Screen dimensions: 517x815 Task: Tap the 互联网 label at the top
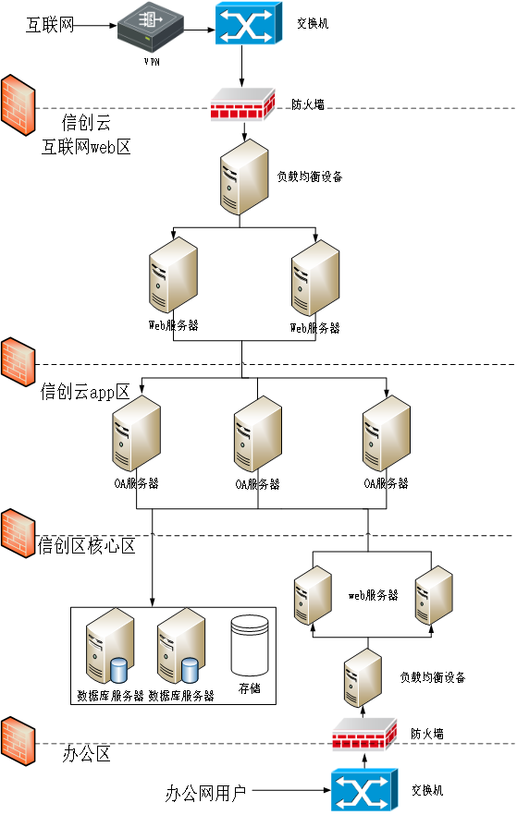tap(50, 24)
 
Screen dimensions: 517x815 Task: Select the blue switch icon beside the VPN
tap(249, 23)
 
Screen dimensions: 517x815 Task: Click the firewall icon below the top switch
tap(243, 104)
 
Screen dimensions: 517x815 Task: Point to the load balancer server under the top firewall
tap(244, 176)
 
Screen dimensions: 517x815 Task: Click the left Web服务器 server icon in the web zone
tap(173, 275)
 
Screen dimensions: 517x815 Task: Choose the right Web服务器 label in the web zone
tap(314, 328)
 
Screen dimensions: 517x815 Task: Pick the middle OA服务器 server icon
tap(258, 434)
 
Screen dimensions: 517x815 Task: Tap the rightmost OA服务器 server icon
tap(387, 433)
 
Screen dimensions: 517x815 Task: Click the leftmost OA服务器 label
tap(136, 483)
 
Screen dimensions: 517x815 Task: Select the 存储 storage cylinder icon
tap(250, 645)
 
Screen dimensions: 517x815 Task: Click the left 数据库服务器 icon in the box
tap(109, 646)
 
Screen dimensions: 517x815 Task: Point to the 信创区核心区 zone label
tap(86, 546)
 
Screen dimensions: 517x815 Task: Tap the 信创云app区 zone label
tap(85, 392)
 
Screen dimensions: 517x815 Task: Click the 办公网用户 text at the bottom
tap(205, 793)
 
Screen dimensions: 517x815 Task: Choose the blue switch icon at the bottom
tap(364, 790)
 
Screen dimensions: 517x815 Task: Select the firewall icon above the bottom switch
tap(364, 735)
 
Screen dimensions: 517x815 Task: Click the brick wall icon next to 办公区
tap(18, 741)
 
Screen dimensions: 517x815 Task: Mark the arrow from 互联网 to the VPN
tap(95, 24)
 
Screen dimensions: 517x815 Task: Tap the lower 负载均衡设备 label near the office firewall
tap(433, 677)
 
